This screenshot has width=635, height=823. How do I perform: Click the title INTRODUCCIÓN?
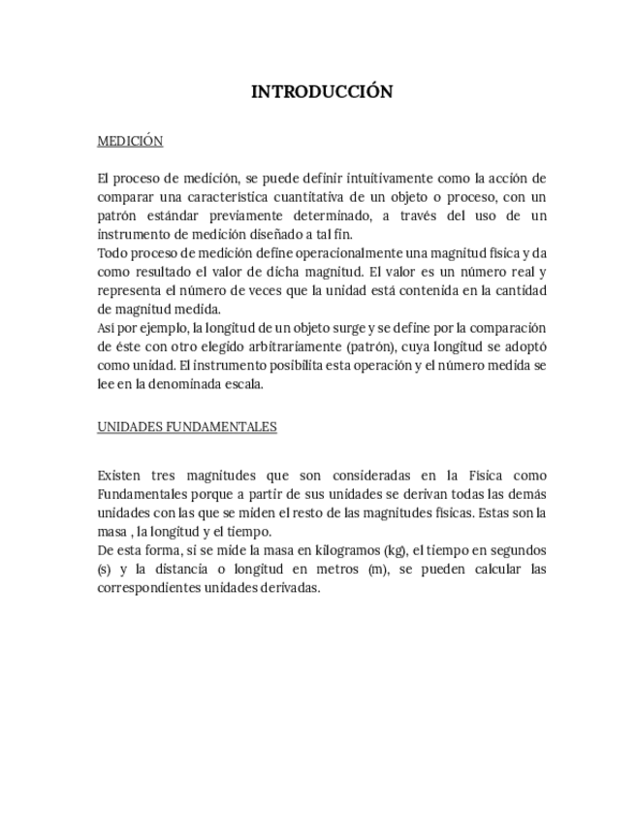[322, 92]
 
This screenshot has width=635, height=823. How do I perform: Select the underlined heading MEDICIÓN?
[130, 142]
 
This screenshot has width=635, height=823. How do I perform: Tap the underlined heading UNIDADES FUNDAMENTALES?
[187, 426]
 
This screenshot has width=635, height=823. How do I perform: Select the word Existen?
[120, 476]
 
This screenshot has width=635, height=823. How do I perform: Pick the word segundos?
[517, 550]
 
